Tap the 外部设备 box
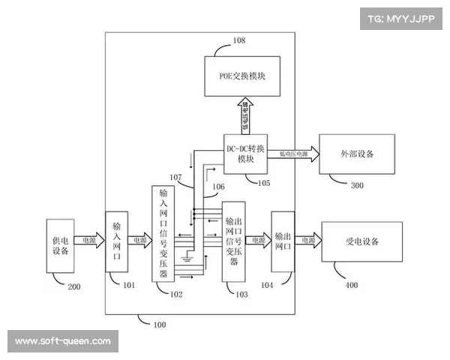coord(355,154)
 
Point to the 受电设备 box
coord(362,241)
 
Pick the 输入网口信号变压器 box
coord(164,233)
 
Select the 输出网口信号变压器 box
coord(233,241)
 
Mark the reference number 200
coord(74,286)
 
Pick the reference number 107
coord(177,178)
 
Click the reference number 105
coord(262,182)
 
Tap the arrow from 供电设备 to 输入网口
coord(90,241)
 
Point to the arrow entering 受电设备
coord(307,241)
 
